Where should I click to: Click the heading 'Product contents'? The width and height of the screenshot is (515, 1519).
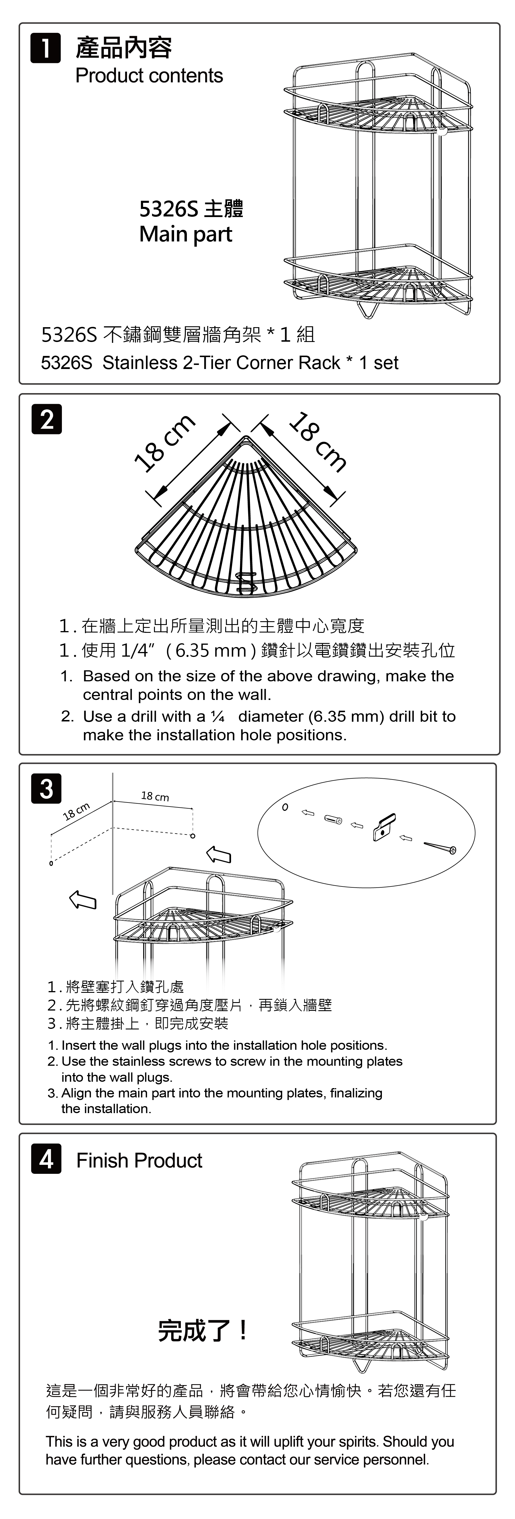(149, 76)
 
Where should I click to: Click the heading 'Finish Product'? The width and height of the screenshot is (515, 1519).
(139, 1160)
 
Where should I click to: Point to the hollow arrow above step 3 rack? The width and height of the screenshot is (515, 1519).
(218, 855)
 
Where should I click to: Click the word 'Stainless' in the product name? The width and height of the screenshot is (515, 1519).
(140, 363)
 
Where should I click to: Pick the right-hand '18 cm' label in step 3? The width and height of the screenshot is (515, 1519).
(155, 797)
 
